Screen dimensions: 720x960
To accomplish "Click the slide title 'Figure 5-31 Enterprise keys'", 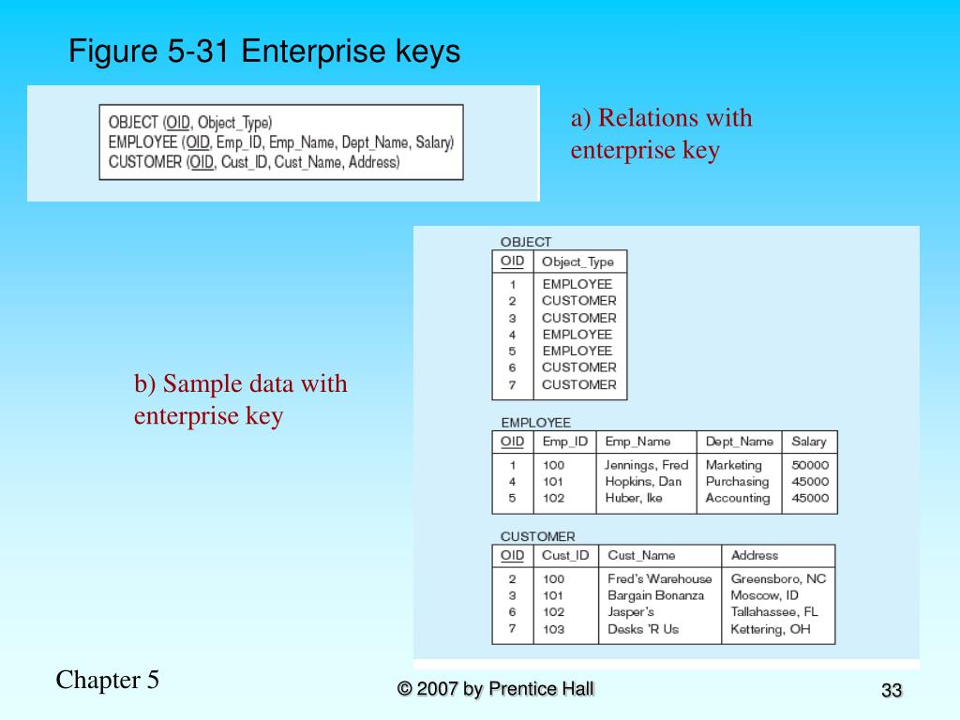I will coord(264,52).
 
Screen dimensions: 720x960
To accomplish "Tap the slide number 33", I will coord(891,691).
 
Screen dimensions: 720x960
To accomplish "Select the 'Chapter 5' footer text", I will coord(108,680).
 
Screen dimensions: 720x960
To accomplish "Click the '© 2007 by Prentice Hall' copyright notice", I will coord(496,689).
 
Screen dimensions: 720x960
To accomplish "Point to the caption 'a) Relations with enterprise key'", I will coord(661,134).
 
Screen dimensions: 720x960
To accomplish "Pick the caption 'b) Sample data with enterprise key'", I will coord(240,399).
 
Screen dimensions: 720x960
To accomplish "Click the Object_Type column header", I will coord(577,262).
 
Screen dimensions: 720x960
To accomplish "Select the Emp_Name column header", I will coord(637,442).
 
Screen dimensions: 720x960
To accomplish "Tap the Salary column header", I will coord(809,442).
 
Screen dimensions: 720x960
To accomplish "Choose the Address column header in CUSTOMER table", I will coord(755,555).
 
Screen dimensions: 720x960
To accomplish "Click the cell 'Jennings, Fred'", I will coord(646,465).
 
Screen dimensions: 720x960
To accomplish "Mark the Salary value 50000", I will coord(810,465).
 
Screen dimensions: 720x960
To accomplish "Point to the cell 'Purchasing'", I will coord(737,482).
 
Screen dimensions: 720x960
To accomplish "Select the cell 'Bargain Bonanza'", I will coord(655,595).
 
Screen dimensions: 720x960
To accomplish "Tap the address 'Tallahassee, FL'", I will coord(774,612).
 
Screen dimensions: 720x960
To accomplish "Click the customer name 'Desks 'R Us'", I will coord(643,629).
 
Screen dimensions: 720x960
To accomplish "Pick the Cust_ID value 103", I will coord(553,629).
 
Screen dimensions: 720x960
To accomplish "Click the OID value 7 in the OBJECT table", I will coord(512,384).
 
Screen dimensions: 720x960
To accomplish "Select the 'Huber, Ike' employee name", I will coord(634,498).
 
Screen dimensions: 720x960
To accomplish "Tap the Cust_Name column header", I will coord(641,555).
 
